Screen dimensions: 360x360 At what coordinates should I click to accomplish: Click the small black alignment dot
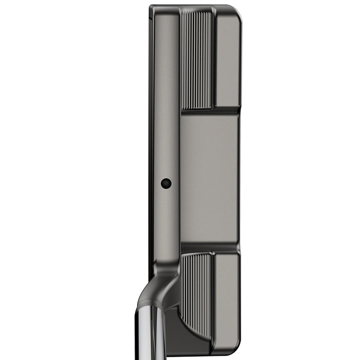tap(166, 183)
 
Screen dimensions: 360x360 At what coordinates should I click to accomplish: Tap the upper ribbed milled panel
tap(196, 59)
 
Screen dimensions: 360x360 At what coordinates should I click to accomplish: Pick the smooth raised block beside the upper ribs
tap(227, 59)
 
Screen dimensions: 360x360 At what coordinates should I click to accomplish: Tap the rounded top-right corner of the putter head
tap(238, 11)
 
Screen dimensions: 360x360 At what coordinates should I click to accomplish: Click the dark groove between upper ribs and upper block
tap(214, 59)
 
